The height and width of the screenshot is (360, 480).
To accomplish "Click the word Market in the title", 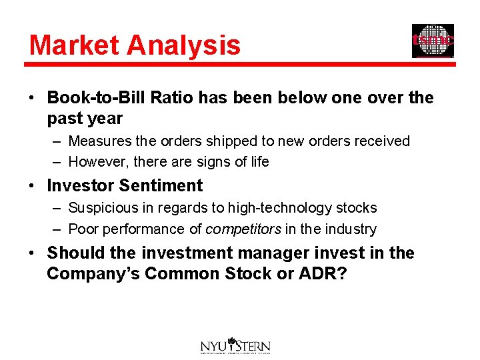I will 74,45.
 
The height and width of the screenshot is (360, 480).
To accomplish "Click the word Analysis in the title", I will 182,45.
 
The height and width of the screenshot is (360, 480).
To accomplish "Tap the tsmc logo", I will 433,41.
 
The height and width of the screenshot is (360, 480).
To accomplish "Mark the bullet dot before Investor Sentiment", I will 33,186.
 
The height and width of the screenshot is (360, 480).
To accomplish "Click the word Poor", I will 83,229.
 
